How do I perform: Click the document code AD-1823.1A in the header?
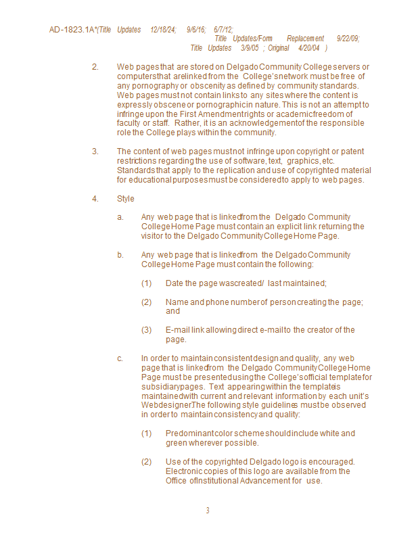[72, 30]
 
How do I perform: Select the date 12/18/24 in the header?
[163, 30]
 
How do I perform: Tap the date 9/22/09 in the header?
[348, 39]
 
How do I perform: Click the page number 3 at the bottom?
[208, 510]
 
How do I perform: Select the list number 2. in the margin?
[95, 66]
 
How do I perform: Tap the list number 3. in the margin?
[95, 151]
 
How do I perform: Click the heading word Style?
[126, 199]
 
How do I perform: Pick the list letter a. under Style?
[120, 216]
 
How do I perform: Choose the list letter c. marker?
[120, 358]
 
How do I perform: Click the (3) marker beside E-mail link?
[147, 329]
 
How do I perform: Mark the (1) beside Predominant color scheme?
[147, 433]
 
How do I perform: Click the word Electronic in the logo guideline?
[184, 471]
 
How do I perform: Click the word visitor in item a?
[153, 236]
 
